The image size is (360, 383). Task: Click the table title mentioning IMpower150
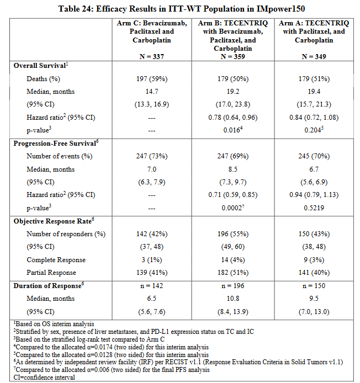[182, 9]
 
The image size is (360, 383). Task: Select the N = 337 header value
[152, 57]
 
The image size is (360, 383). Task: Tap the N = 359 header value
[232, 57]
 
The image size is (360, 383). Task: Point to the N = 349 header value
[314, 57]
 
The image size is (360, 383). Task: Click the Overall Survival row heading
[40, 66]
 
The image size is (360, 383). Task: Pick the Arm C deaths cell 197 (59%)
[152, 79]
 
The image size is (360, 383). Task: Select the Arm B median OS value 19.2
[233, 92]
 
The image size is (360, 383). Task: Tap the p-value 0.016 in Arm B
[233, 130]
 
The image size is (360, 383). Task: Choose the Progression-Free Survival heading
[56, 143]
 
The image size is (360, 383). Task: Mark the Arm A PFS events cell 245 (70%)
[314, 156]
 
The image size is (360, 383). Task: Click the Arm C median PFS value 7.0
[152, 169]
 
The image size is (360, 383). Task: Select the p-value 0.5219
[314, 208]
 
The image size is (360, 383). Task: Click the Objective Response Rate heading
[54, 221]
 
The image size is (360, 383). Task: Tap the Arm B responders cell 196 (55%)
[233, 234]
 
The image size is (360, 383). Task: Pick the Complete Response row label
[56, 260]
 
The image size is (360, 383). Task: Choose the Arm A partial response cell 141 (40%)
[314, 273]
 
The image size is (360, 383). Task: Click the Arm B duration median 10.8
[233, 299]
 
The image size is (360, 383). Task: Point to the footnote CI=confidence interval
[44, 377]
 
